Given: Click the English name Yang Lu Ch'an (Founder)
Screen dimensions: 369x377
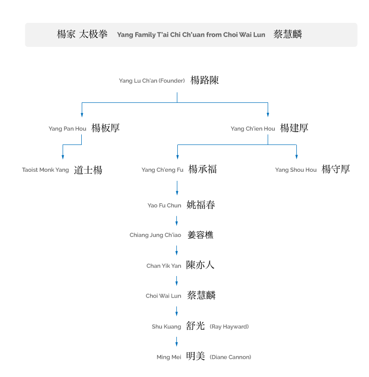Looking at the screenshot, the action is (152, 81).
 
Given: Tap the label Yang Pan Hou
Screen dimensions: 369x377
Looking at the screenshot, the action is (67, 129).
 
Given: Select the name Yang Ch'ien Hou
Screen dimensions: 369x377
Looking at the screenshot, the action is (253, 129).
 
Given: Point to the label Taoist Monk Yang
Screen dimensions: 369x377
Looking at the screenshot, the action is (45, 170).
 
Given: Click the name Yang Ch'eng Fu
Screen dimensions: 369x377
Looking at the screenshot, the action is (163, 170).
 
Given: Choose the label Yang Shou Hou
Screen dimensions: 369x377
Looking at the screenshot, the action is (296, 170).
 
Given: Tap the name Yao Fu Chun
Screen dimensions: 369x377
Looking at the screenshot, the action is (164, 205).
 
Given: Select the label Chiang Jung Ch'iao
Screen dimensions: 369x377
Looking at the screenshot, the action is (155, 235).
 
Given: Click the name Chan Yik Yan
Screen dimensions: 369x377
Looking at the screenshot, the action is (163, 266).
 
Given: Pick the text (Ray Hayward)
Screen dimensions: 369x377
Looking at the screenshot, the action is (229, 326).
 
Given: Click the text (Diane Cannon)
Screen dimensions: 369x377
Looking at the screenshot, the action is (230, 357).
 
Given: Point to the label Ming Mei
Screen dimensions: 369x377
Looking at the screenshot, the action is (169, 357).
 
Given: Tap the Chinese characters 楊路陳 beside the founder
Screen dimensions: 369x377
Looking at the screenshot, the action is (205, 80).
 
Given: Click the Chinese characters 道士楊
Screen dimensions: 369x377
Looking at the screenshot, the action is (88, 170).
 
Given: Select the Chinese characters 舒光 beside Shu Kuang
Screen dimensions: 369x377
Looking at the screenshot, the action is (195, 326).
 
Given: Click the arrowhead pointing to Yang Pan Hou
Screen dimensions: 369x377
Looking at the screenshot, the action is (82, 115).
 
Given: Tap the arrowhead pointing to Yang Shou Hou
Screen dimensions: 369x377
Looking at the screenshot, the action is (296, 157).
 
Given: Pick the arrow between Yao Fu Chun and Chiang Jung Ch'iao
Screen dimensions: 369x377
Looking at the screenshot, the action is (176, 221).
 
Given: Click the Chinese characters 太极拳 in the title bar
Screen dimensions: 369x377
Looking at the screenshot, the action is (93, 34).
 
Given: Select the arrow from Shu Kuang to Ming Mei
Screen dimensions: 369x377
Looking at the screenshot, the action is (176, 342).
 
